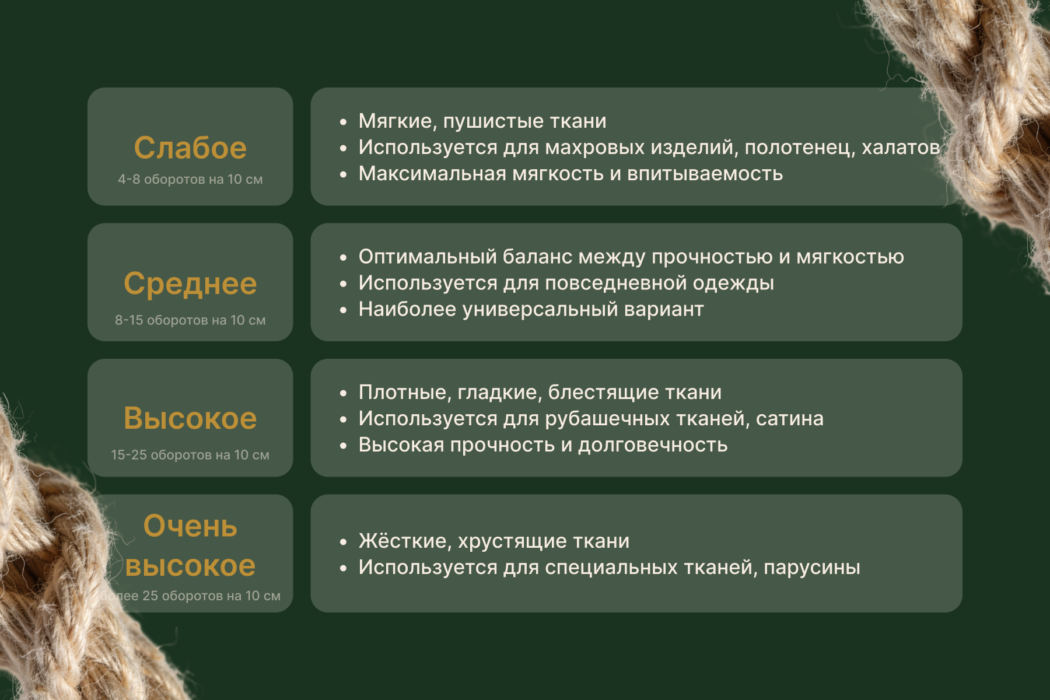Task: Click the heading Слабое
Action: [x=190, y=148]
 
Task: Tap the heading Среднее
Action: [x=190, y=283]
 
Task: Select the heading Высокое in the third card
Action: [x=190, y=418]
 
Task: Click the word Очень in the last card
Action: [x=190, y=526]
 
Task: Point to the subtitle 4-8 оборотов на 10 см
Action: [x=190, y=179]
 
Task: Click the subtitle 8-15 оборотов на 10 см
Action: [x=190, y=320]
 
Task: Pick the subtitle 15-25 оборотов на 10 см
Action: [x=190, y=454]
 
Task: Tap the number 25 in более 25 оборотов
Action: [x=150, y=596]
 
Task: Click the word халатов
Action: [x=901, y=147]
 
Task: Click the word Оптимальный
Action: [x=428, y=256]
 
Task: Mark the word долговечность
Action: [x=653, y=445]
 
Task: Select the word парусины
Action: [x=812, y=568]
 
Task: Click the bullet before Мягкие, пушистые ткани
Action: [x=343, y=122]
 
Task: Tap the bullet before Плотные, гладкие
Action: [x=343, y=393]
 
